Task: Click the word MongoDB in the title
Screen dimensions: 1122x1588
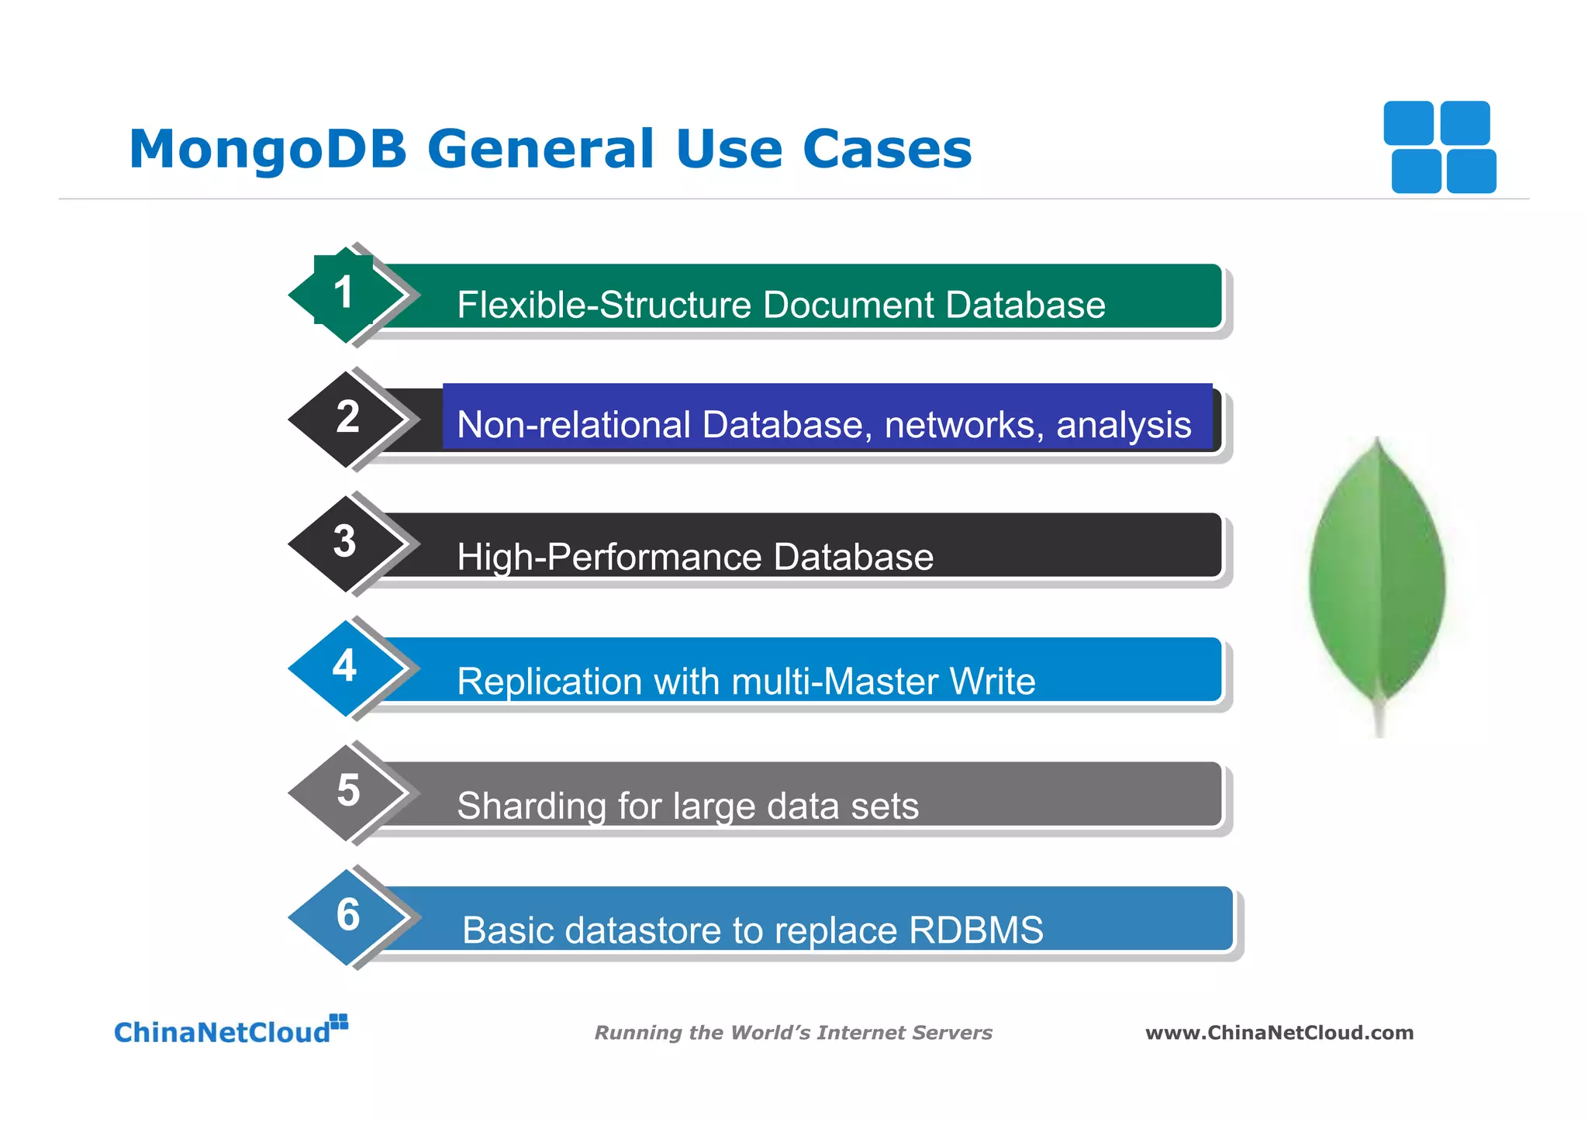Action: [x=268, y=149]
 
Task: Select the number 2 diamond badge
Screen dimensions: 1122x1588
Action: [x=347, y=418]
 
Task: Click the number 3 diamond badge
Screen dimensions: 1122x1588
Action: [x=346, y=542]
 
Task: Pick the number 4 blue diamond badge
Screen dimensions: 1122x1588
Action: [x=346, y=667]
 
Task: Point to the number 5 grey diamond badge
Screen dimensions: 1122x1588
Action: [x=347, y=791]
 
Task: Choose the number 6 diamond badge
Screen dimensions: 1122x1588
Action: [x=348, y=916]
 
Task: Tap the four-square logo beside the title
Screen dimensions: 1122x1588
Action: [x=1440, y=147]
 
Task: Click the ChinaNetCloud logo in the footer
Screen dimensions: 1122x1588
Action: [x=230, y=1031]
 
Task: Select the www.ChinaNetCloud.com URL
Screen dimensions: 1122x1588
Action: [x=1279, y=1033]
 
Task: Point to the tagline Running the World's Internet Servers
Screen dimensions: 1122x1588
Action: [x=792, y=1033]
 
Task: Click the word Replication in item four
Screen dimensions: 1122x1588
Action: [x=550, y=682]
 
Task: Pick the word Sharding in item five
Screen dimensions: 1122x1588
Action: [x=531, y=806]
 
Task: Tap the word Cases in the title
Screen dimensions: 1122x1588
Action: [x=887, y=149]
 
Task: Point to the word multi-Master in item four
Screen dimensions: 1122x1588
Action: [x=835, y=682]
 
